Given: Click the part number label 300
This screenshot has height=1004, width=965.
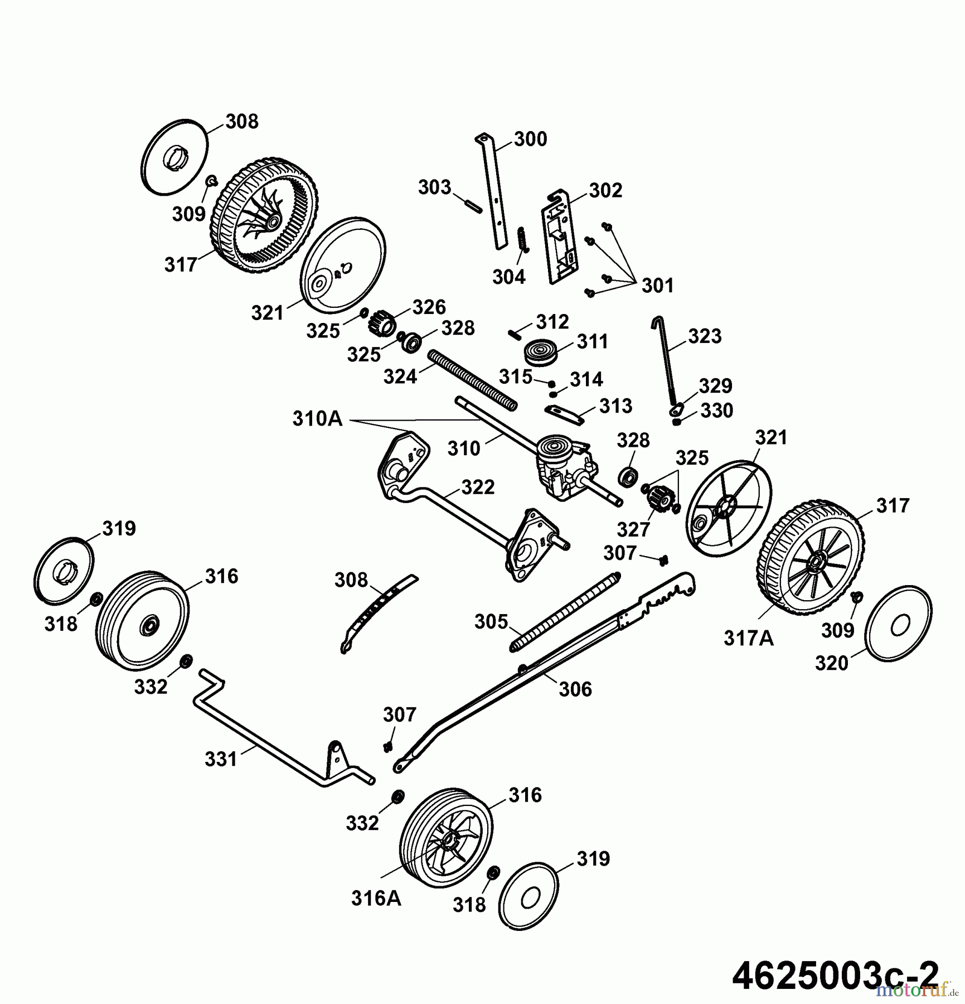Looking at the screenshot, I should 530,139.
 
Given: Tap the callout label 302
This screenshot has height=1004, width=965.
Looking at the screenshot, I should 605,190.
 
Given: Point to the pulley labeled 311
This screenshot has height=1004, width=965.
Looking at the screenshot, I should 541,353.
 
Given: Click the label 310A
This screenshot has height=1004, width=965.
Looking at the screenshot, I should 317,418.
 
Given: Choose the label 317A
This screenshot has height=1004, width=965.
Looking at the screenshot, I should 748,638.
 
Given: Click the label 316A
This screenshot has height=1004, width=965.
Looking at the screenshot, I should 376,898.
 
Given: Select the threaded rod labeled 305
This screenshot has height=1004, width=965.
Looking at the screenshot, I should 565,611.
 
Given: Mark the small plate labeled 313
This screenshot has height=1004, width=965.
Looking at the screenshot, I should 564,414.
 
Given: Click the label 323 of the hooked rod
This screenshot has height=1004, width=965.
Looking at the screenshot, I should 705,336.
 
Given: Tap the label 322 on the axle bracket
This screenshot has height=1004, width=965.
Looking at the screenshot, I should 478,487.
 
